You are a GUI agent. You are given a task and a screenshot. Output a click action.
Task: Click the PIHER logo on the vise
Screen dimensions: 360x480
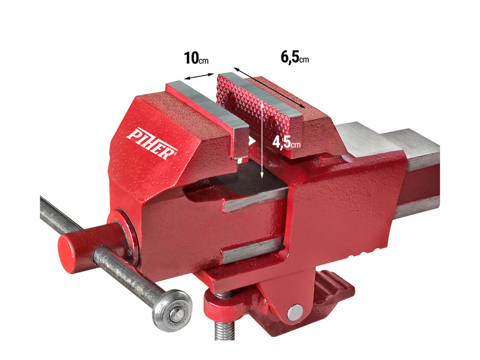tap(152, 143)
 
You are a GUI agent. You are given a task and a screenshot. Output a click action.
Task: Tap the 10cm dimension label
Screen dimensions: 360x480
tap(196, 58)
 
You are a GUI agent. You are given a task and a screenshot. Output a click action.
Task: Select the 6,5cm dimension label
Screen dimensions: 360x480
tap(295, 58)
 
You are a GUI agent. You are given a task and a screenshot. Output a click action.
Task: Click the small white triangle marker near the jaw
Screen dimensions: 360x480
tap(251, 141)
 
